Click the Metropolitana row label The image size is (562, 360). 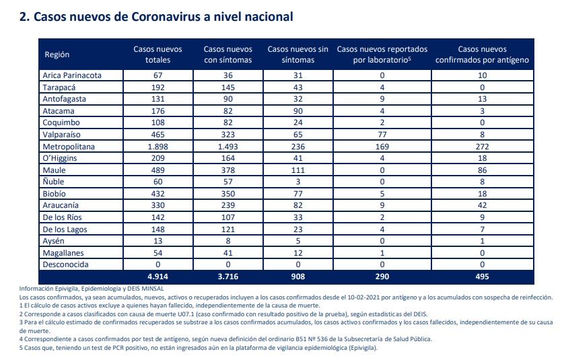(69, 147)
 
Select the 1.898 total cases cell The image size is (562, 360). (157, 147)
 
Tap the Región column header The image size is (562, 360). (57, 55)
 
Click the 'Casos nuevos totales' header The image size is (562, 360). (157, 55)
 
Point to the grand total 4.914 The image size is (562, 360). (157, 277)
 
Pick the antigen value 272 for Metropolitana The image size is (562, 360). (482, 147)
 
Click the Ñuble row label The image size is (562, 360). (53, 182)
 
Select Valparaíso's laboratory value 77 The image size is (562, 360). (382, 135)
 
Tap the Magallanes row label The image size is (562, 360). (63, 253)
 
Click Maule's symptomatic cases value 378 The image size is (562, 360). (228, 170)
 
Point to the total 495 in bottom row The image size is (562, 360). (482, 277)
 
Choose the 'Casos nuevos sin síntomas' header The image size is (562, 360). (298, 55)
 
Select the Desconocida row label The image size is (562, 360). (66, 264)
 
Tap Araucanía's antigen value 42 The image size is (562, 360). (482, 205)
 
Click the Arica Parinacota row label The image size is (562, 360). (72, 75)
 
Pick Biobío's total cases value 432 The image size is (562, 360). (157, 194)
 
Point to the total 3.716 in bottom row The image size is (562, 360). (228, 277)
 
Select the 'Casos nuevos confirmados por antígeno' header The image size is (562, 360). (482, 55)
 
